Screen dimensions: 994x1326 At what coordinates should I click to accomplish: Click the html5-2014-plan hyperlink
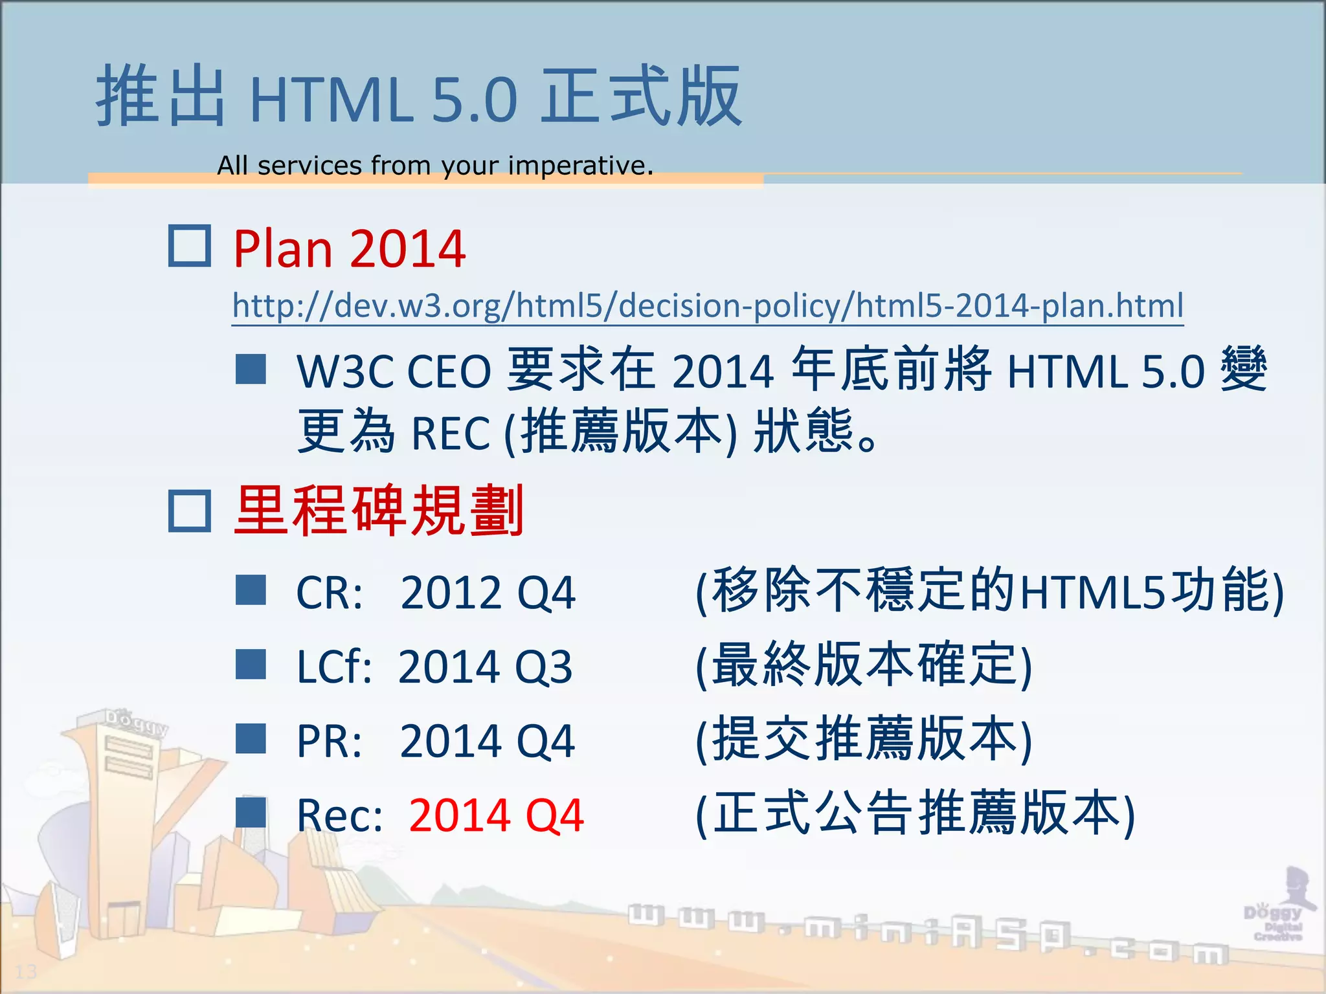(x=708, y=305)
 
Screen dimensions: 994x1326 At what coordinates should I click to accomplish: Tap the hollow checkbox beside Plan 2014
(x=189, y=246)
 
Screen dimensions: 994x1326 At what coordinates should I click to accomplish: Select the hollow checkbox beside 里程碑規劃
(x=189, y=511)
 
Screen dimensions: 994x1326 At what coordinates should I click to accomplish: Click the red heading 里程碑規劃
(x=379, y=511)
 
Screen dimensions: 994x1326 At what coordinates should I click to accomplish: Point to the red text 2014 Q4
(x=496, y=815)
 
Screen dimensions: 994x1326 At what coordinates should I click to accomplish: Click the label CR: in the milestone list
(x=329, y=593)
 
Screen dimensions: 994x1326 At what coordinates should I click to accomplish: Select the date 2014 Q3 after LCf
(x=485, y=667)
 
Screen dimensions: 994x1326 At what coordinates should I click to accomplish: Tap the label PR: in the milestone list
(x=329, y=741)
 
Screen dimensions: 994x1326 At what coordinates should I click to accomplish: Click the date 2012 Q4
(x=487, y=593)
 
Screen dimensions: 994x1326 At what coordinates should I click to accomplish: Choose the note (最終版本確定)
(x=863, y=666)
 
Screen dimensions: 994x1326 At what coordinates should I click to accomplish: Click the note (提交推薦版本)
(x=863, y=740)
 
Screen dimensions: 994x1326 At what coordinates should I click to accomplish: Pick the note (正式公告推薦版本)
(x=915, y=814)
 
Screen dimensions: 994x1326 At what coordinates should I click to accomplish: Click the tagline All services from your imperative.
(x=435, y=166)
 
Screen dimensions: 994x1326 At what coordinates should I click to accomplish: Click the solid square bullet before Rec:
(x=251, y=812)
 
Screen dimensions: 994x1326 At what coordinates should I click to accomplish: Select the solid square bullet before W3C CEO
(x=251, y=370)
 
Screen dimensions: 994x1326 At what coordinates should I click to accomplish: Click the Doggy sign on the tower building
(x=136, y=722)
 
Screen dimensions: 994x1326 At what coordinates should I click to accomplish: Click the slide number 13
(x=26, y=971)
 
